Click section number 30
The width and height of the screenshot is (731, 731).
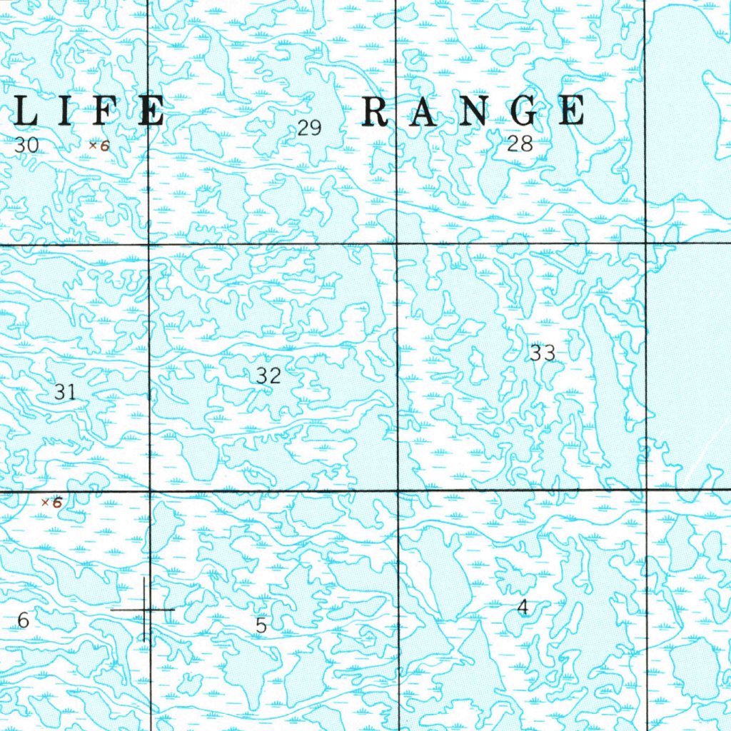tap(27, 146)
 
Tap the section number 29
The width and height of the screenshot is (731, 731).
tap(309, 128)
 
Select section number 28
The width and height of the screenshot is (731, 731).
tap(520, 144)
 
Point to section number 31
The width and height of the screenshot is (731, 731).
tap(65, 391)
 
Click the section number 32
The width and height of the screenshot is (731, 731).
tap(269, 375)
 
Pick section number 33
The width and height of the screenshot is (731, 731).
tap(543, 353)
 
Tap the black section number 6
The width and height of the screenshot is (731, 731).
tap(24, 621)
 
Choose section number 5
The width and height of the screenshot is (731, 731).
tap(261, 626)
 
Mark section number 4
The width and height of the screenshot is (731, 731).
tap(523, 608)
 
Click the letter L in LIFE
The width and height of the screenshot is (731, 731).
tap(27, 113)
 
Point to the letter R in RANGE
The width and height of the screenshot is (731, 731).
tap(376, 112)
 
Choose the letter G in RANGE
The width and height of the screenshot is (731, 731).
tap(523, 112)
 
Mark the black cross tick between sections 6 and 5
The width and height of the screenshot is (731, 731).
tap(145, 610)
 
